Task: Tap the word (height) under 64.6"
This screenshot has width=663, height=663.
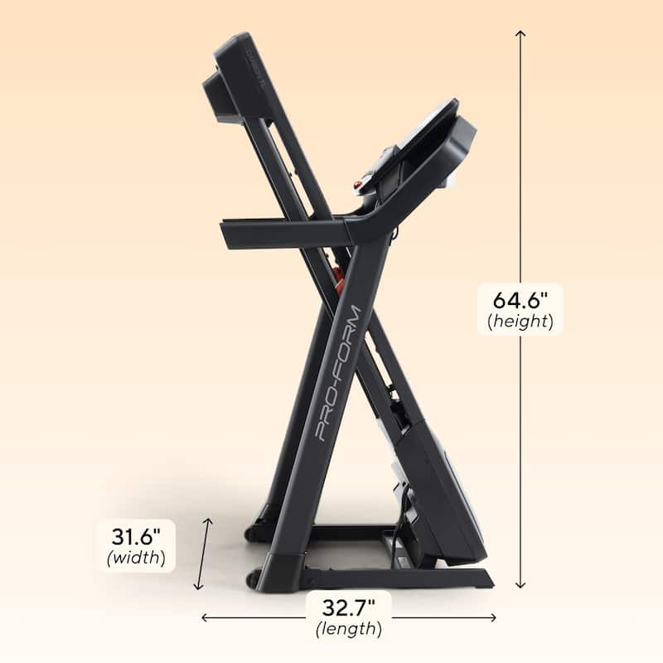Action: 520,322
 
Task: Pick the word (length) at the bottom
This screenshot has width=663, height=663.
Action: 348,629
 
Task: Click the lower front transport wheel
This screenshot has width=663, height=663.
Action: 253,576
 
